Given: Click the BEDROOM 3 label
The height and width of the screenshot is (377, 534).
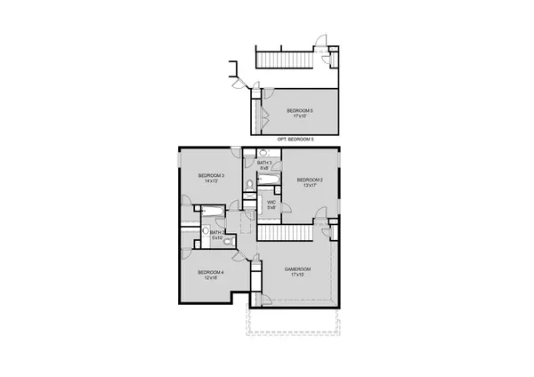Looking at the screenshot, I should [211, 175].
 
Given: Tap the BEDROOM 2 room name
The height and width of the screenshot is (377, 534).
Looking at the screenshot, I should [310, 180].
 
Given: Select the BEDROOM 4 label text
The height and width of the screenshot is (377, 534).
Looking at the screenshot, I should [210, 271].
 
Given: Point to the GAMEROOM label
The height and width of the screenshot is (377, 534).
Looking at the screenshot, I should [297, 269].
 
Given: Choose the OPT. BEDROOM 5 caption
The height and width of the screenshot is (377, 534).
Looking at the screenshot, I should [295, 140].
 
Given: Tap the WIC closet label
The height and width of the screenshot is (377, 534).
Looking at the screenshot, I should [273, 203].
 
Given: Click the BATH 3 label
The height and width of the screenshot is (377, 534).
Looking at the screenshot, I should [265, 163].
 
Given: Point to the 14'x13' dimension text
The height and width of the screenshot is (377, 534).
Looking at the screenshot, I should [211, 181].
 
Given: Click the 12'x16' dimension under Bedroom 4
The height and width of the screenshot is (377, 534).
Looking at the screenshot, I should [210, 277].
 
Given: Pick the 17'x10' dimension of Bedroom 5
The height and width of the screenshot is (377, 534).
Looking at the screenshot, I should [300, 116].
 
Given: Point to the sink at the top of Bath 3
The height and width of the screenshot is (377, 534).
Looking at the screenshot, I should [252, 153].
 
